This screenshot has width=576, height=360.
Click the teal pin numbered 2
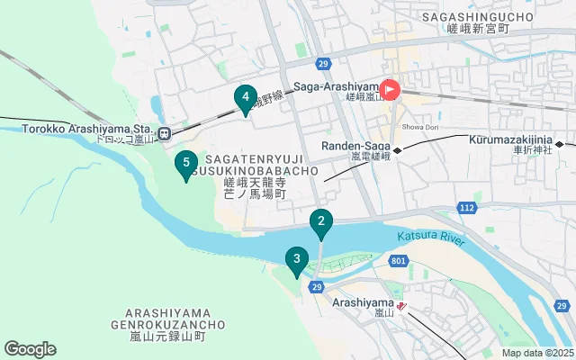pyautogui.click(x=320, y=222)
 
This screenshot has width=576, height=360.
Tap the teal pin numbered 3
pyautogui.click(x=296, y=261)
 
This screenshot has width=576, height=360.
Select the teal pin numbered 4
pyautogui.click(x=244, y=98)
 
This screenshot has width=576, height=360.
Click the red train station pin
pyautogui.click(x=391, y=90)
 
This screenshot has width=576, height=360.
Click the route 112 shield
pyautogui.click(x=466, y=208)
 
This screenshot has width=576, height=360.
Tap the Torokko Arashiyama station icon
pyautogui.click(x=164, y=134)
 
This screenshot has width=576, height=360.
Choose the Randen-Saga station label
pyautogui.click(x=353, y=146)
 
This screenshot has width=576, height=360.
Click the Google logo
pyautogui.click(x=30, y=349)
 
